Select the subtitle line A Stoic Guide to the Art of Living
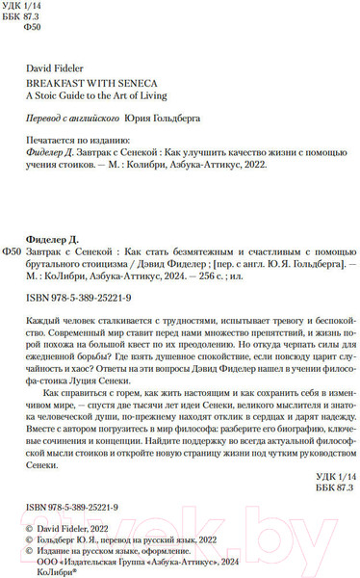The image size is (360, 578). (x=96, y=96)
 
